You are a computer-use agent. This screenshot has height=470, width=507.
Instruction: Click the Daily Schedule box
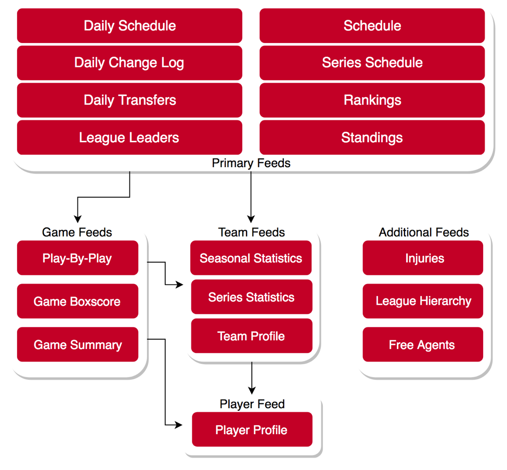pos(129,25)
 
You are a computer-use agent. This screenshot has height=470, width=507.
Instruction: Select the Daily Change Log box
pos(129,63)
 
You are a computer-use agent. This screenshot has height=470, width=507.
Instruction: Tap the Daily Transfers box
pos(129,100)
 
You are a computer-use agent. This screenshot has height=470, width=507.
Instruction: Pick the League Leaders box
pos(129,138)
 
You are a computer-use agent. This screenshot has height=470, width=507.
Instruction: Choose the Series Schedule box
pos(372,63)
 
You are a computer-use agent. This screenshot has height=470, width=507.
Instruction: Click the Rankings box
pos(372,100)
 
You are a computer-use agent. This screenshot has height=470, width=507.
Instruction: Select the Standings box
pos(372,138)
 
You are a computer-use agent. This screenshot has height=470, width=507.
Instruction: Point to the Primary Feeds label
pos(251,163)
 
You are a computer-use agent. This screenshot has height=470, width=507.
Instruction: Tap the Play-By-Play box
pos(77,258)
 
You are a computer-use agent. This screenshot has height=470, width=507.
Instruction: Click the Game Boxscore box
pos(77,301)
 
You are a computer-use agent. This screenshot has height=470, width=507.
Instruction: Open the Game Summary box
pos(77,344)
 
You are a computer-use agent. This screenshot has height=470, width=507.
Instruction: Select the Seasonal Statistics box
pos(251,258)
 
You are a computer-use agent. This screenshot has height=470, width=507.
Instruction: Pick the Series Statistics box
pos(252,297)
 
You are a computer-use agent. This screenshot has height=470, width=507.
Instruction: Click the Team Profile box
pos(252,336)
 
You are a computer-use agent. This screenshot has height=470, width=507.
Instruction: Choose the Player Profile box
pos(252,429)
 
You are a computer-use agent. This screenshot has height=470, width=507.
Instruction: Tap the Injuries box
pos(423,258)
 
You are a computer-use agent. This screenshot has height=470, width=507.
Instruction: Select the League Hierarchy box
pos(423,301)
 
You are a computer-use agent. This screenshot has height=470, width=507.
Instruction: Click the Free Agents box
pos(423,344)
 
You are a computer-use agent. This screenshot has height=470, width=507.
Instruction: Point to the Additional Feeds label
pos(424,232)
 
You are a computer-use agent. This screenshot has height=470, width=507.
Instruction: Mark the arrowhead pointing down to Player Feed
pos(252,391)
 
